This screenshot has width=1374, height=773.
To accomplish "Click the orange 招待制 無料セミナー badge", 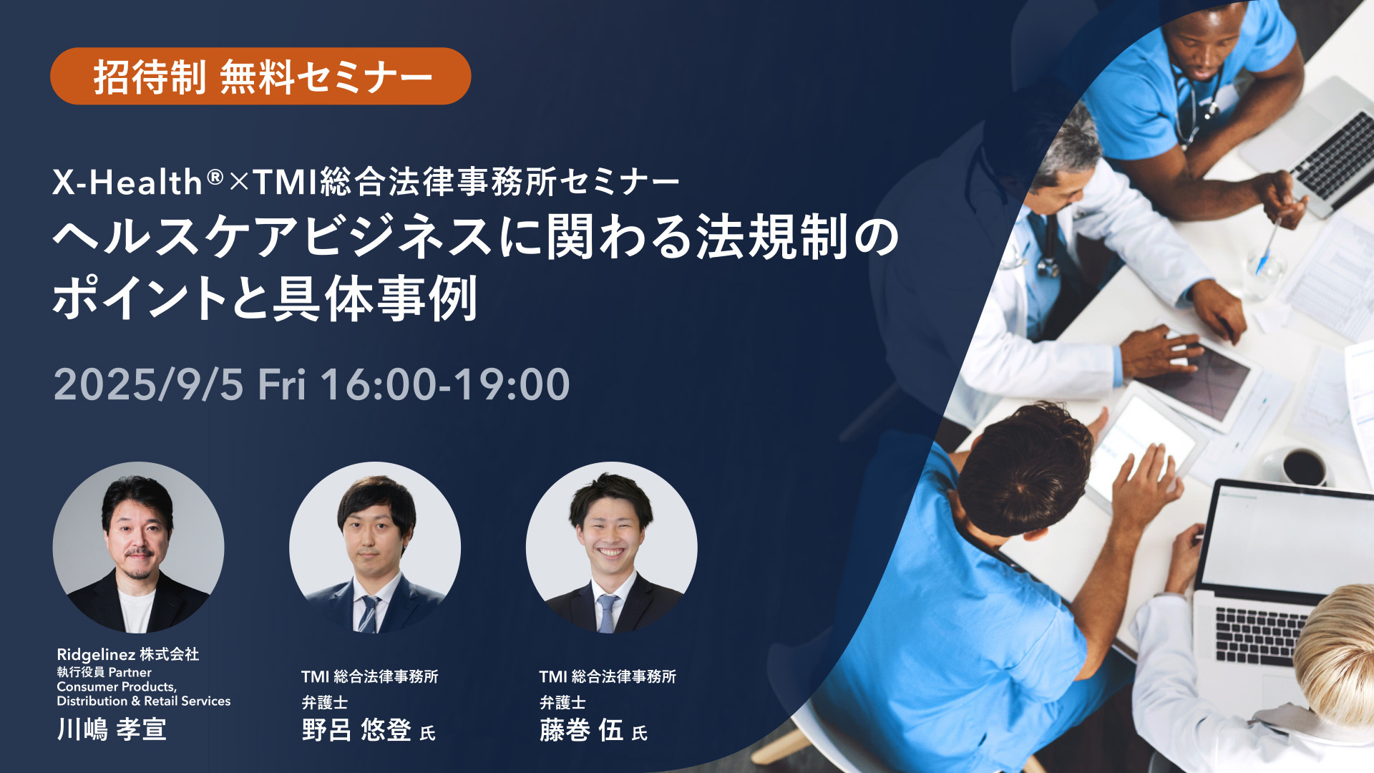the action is coord(260,76).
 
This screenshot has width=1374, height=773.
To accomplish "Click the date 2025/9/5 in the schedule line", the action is coord(149,384).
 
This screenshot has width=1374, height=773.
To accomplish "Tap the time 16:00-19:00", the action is coord(445,384).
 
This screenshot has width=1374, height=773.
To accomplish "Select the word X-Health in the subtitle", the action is coord(127,182).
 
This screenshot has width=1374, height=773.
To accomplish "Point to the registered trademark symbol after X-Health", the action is coord(215,175).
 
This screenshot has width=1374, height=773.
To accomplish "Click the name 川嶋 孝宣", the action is coord(112,729).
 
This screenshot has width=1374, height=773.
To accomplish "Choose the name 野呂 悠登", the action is coord(356,730).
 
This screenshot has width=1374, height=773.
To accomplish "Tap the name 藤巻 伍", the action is coord(581,730).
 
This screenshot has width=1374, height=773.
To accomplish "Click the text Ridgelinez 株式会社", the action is coord(128,654).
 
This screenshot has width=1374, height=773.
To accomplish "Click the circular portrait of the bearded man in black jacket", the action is coord(138,548).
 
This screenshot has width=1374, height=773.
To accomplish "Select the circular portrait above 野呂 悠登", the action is coord(375,548).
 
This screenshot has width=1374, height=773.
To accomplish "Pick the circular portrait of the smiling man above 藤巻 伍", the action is coord(612,548).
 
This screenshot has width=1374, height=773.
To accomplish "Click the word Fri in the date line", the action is coord(282,384).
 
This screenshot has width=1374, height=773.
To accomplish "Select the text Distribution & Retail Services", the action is coord(144,701).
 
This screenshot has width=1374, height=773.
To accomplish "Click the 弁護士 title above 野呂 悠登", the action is coord(325,703).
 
